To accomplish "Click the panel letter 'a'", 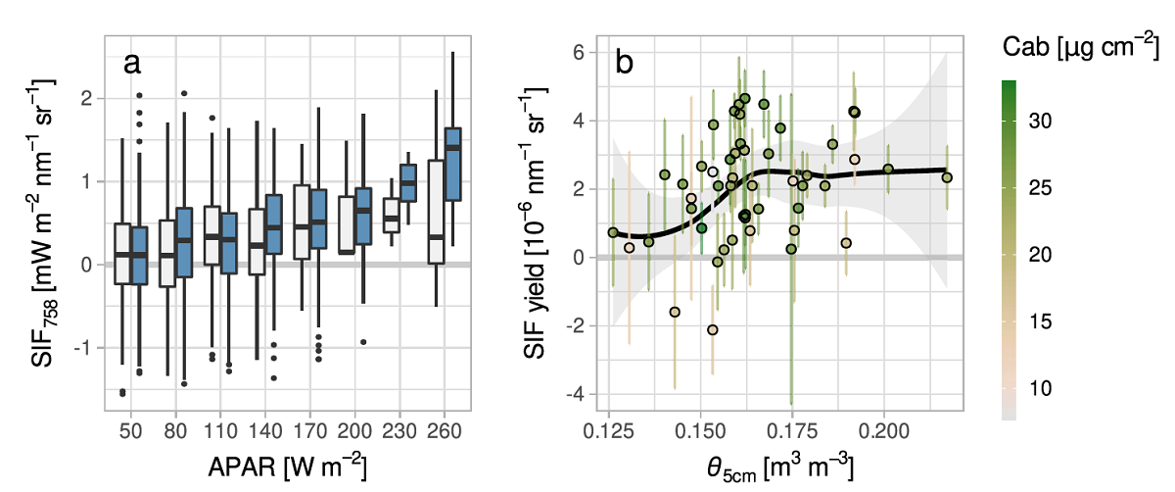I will tap(133, 64).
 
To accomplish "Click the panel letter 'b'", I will tap(624, 64).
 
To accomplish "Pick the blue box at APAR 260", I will tap(453, 164).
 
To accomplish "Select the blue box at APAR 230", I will tap(408, 182).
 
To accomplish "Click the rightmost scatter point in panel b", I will tap(947, 177).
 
